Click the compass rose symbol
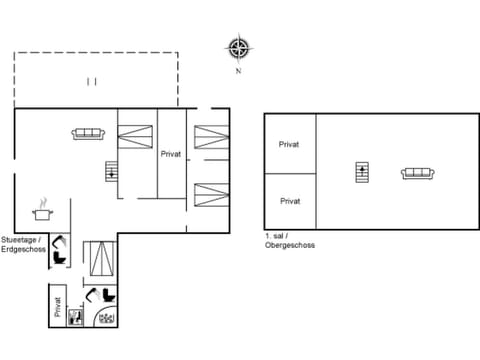click(x=238, y=47)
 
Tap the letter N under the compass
click(x=238, y=71)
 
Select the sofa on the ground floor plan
click(x=86, y=133)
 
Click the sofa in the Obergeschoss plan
click(x=415, y=173)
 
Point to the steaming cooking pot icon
click(x=42, y=210)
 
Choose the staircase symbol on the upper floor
click(x=362, y=173)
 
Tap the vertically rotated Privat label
click(x=58, y=307)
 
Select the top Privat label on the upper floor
click(x=290, y=144)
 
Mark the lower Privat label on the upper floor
click(x=290, y=201)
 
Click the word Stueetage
click(x=21, y=240)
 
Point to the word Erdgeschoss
click(x=23, y=249)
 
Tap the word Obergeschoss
click(x=291, y=244)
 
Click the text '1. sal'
click(x=277, y=236)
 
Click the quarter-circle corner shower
click(x=107, y=316)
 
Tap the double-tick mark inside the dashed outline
click(x=91, y=80)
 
